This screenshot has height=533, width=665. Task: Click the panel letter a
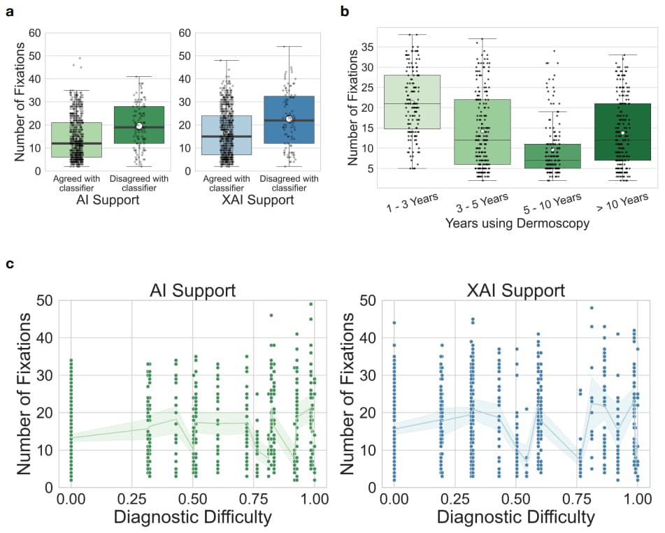point(10,11)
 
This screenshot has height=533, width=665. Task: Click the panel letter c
point(10,264)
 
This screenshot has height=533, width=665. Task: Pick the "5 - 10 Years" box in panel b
point(552,156)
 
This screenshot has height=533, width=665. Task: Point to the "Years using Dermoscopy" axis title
point(517,223)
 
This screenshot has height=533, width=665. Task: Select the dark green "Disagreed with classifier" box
point(138,125)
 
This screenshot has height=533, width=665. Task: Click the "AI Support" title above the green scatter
point(192,290)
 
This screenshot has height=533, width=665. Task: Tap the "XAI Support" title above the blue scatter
point(516,290)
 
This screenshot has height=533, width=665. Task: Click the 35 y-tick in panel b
point(357,47)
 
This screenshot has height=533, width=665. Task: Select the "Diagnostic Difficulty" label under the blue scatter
point(516,518)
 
